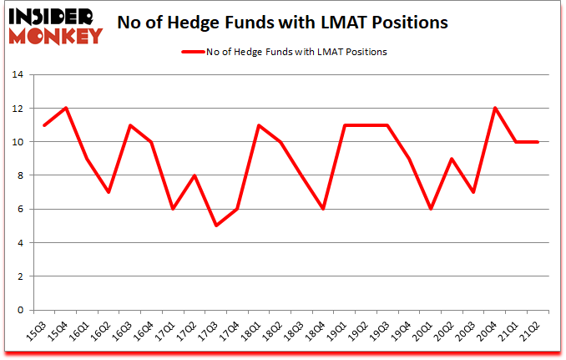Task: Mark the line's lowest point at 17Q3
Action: (216, 226)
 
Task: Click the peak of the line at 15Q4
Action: (65, 108)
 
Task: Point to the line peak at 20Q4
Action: (496, 108)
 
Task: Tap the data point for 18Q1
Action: (260, 125)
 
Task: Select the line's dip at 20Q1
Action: (432, 209)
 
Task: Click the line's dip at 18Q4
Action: (324, 209)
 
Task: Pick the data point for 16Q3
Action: (130, 125)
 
